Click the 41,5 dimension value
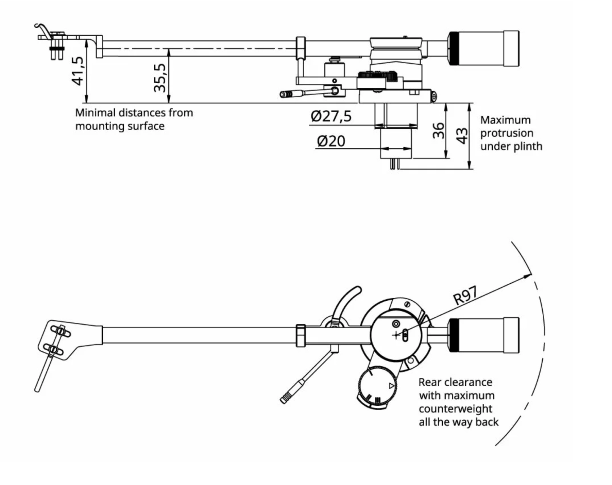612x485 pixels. pos(78,71)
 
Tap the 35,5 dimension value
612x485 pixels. pos(160,78)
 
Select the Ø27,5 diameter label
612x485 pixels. pos(331,116)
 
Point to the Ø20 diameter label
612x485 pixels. pos(331,141)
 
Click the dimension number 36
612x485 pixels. pos(439,131)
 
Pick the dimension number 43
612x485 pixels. pos(462,136)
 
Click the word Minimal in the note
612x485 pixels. pos(95,113)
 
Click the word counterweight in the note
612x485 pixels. pos(456,408)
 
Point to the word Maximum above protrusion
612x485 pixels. pos(505,120)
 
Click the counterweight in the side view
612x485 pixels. pos(484,48)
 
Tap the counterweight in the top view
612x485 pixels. pos(484,335)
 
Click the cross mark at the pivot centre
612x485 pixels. pos(396,335)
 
